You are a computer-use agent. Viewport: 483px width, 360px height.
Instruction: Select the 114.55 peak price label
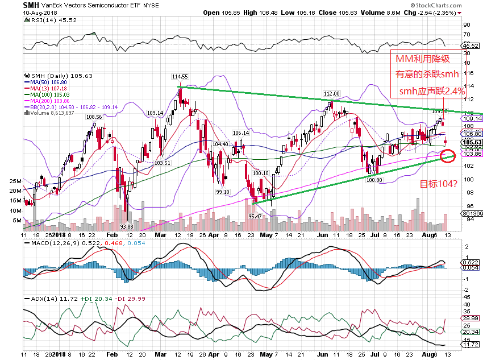pyautogui.click(x=180, y=76)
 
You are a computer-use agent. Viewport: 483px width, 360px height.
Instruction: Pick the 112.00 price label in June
pyautogui.click(x=331, y=93)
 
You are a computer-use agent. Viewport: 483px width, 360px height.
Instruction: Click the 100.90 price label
pyautogui.click(x=374, y=180)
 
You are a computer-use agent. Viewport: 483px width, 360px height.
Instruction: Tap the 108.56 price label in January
pyautogui.click(x=94, y=117)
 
